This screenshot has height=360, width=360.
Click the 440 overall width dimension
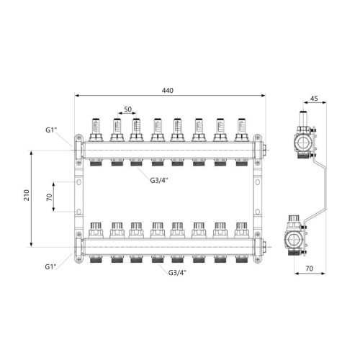[x=167, y=91]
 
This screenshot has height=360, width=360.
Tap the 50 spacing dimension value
[x=127, y=109]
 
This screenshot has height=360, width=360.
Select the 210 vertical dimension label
[x=26, y=195]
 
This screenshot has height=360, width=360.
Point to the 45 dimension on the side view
[x=314, y=99]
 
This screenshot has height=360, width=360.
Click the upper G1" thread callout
[x=51, y=130]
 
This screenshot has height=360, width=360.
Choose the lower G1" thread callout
[x=50, y=266]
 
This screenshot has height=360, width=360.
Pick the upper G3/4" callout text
[x=159, y=180]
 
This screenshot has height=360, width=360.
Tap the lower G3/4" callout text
[x=177, y=273]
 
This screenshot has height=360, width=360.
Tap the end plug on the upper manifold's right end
[x=264, y=150]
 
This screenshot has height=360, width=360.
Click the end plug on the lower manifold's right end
[x=264, y=247]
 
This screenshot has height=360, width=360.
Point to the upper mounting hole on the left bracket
[x=78, y=182]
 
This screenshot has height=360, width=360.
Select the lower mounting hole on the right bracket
[x=257, y=212]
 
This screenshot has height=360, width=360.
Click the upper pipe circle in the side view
[x=303, y=143]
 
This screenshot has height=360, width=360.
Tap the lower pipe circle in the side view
[x=292, y=240]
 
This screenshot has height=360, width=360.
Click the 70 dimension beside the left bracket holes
[x=49, y=197]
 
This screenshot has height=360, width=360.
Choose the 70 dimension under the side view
[x=310, y=268]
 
